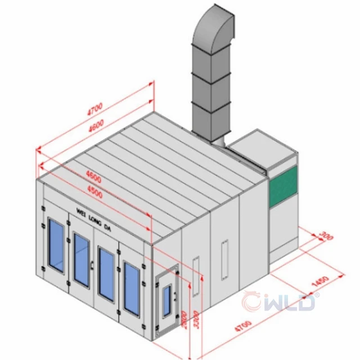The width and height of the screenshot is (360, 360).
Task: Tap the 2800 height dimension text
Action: tap(184, 320)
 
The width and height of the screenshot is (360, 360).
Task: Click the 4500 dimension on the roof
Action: tap(95, 192)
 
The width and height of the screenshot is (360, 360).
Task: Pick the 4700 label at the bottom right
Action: tap(243, 326)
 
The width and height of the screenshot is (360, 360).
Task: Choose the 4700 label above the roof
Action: tap(95, 109)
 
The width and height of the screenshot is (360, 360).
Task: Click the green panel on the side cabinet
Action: tap(283, 186)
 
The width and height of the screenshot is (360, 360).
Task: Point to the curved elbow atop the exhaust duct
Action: tap(214, 28)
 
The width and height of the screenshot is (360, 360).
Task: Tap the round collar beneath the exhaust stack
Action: tap(219, 142)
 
